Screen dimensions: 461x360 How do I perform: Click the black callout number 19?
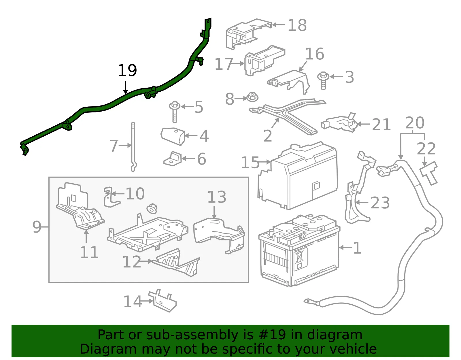coord(127,70)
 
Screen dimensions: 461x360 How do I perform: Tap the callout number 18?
coord(297,25)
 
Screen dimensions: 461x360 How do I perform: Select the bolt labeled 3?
coord(323,81)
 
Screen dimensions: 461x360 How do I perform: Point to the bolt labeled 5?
coord(175,112)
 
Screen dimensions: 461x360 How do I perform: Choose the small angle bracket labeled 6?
coord(173,159)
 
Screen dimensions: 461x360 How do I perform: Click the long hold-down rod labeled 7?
coord(133,147)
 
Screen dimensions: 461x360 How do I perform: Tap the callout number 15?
coord(250,163)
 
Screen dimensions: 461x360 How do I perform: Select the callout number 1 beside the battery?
coord(357,248)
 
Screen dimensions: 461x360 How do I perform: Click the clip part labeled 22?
coord(429,172)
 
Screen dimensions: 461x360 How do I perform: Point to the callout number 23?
coord(380,203)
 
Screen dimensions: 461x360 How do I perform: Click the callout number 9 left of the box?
coord(37,227)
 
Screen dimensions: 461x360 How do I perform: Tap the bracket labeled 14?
coord(163,301)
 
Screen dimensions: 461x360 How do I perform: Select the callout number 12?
coord(132,261)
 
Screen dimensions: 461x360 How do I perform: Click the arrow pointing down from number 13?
coord(214,212)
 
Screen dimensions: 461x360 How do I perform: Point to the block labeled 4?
coord(173,136)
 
